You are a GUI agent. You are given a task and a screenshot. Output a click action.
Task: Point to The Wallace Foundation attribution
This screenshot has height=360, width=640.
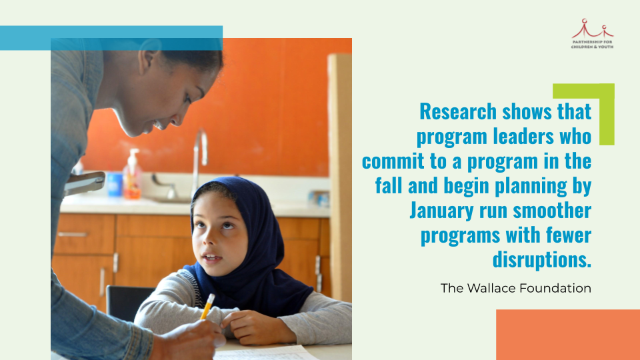[515, 289]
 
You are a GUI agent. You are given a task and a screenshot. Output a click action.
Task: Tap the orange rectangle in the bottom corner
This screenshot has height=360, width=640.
[567, 335]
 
